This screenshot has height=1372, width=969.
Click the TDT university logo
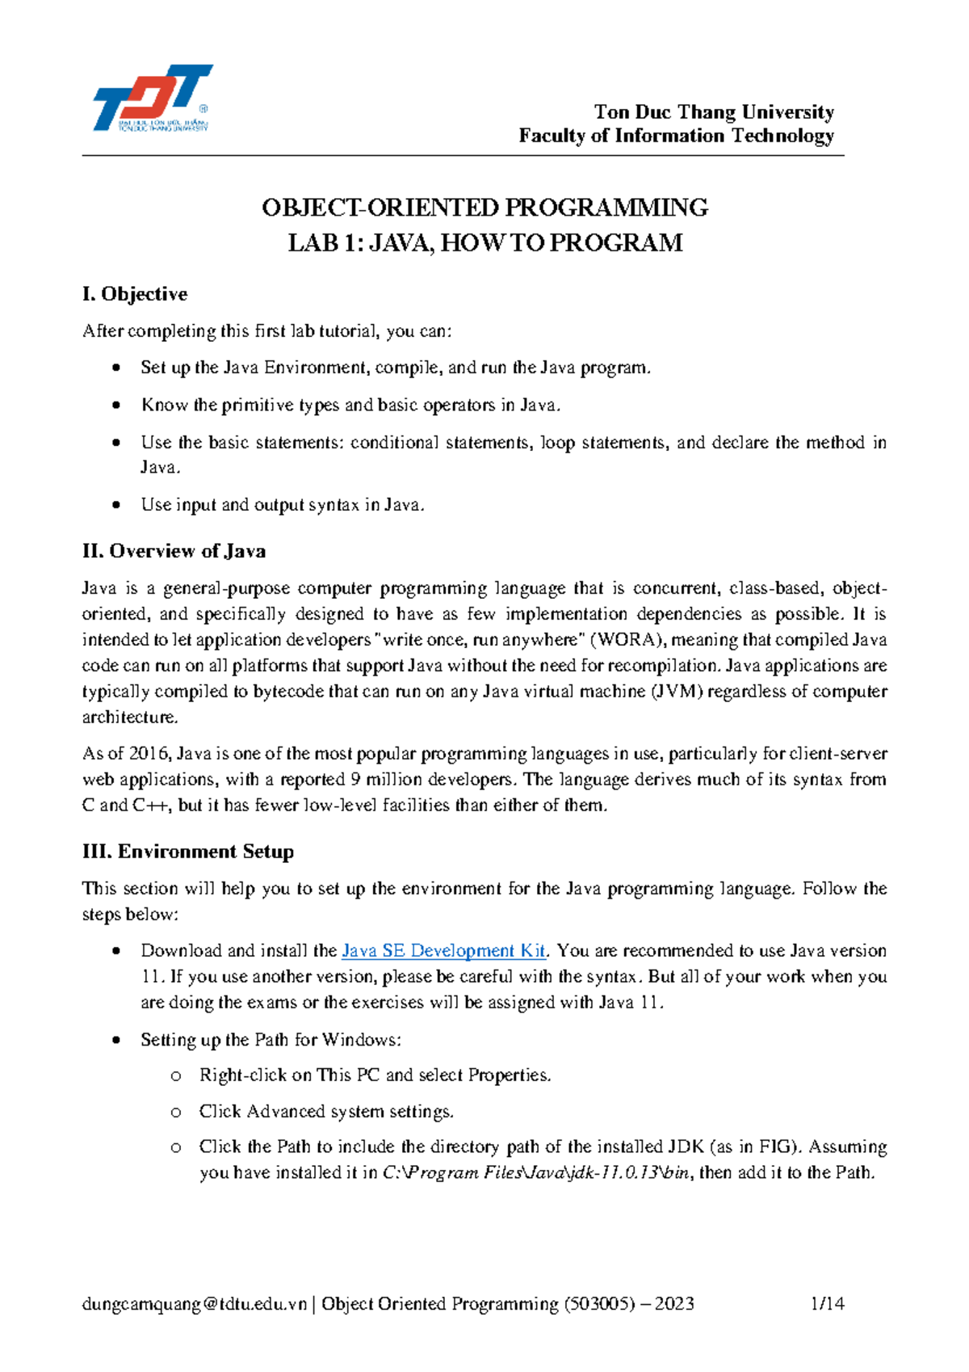[x=152, y=98]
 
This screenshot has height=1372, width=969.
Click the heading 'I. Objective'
[x=135, y=294]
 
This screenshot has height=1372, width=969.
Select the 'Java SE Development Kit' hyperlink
[x=443, y=951]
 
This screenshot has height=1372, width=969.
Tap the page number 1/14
[x=827, y=1303]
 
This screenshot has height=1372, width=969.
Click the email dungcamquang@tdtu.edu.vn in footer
[x=195, y=1303]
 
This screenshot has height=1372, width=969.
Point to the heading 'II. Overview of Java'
[x=174, y=551]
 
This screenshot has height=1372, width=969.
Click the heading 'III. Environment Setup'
[x=188, y=852]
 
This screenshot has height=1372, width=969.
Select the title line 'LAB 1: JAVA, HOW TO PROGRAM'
[x=484, y=243]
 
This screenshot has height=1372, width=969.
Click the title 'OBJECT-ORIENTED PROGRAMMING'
[x=484, y=208]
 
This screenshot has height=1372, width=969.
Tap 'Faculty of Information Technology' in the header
[x=676, y=136]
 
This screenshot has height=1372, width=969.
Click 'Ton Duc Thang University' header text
[x=714, y=112]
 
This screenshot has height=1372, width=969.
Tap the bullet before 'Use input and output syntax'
[x=117, y=505]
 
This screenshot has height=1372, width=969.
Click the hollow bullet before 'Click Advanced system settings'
[x=175, y=1113]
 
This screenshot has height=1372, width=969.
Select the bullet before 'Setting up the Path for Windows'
[x=117, y=1040]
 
